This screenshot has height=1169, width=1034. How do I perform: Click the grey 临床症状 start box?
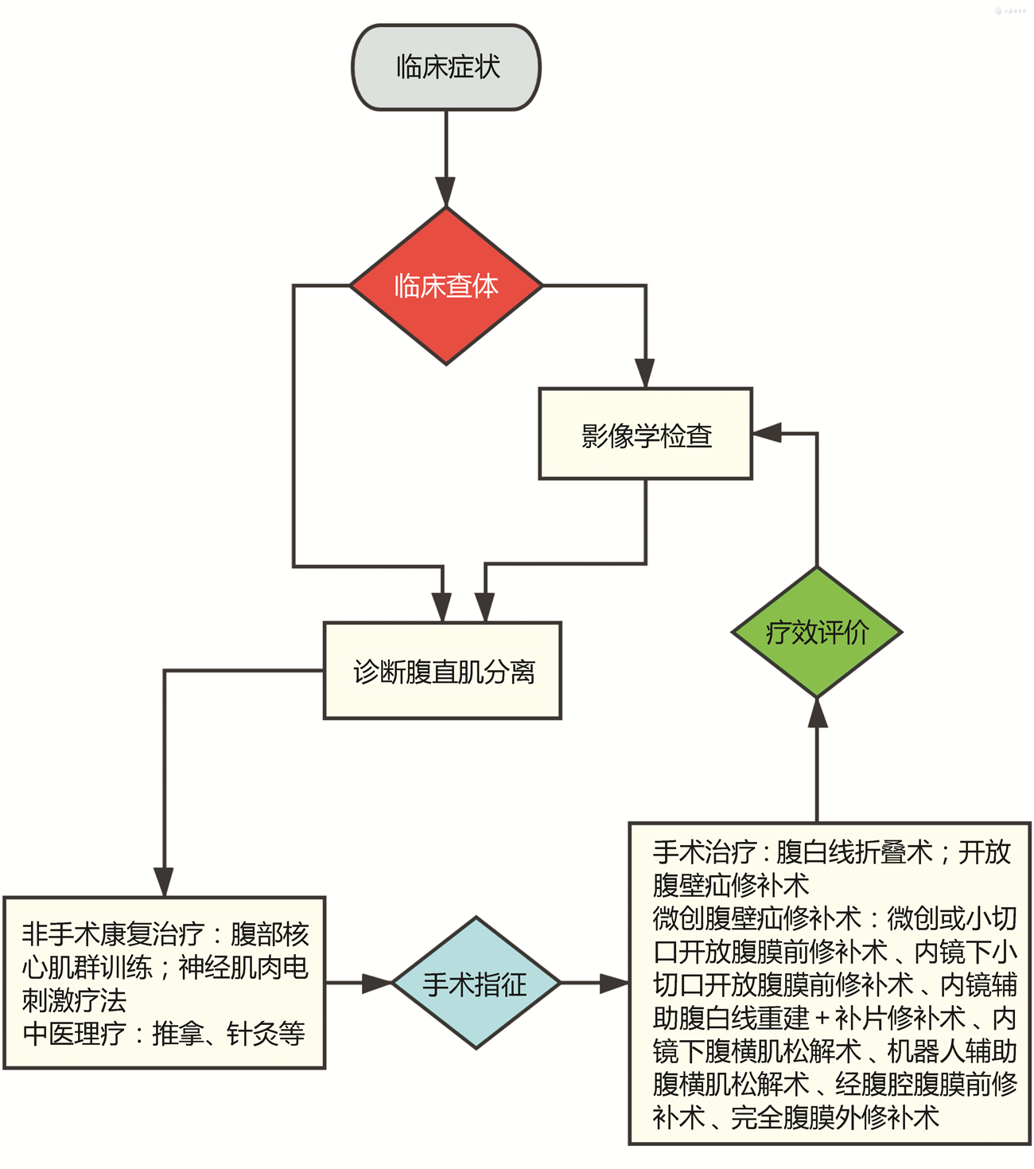tap(446, 68)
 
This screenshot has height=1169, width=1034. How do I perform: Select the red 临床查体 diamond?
tap(446, 286)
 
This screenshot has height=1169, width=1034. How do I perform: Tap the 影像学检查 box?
tap(645, 434)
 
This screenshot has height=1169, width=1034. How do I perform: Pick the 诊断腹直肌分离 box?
tap(442, 671)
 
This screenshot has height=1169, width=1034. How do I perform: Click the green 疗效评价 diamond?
tap(817, 633)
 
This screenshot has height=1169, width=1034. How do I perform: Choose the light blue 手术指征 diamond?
tap(476, 984)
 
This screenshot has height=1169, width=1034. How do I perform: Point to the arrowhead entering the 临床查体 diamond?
tap(446, 193)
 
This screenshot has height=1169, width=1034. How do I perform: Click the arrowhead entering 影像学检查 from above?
tap(645, 372)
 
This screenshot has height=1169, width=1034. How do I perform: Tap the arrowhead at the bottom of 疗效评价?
tap(817, 712)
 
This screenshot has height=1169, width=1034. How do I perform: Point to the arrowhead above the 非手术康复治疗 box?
tap(164, 882)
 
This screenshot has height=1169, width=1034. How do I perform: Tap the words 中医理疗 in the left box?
tap(74, 1034)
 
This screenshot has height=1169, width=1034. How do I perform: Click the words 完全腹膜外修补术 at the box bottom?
tap(835, 1117)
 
